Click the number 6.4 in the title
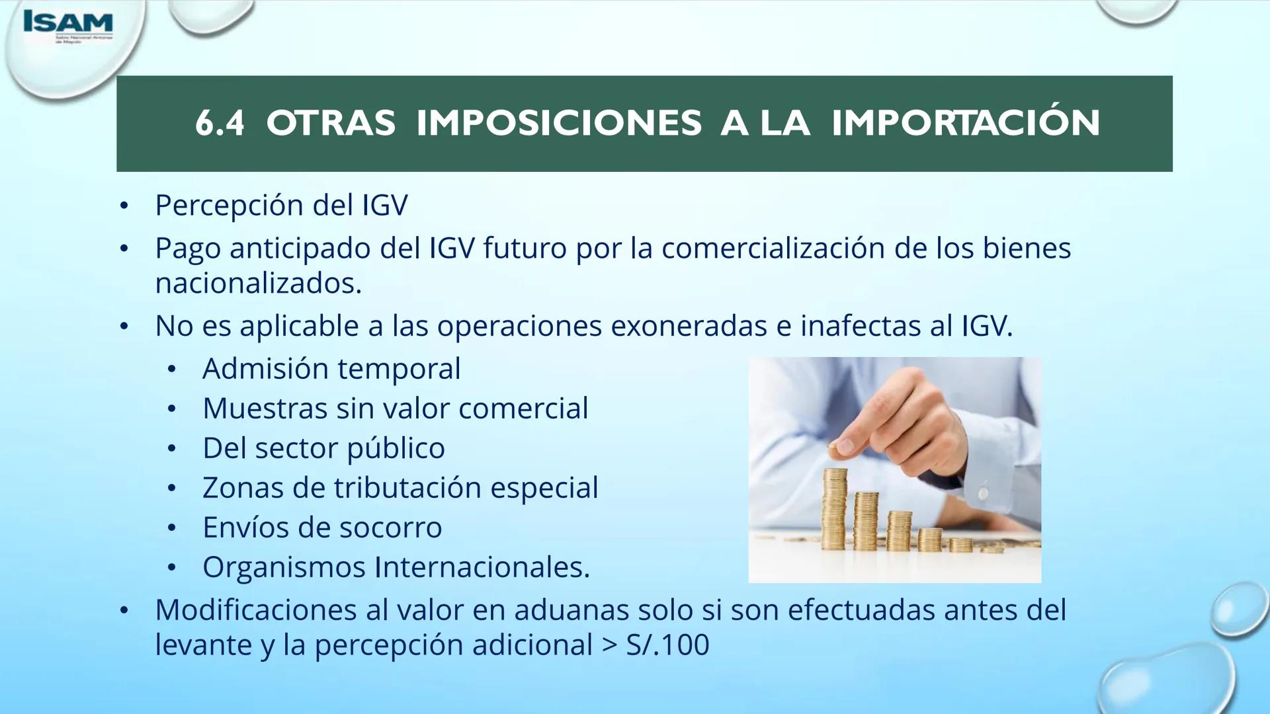220,123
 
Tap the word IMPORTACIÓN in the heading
966,123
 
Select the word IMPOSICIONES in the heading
558,123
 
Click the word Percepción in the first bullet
230,206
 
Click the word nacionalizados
259,284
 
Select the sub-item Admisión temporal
331,369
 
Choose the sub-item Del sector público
323,448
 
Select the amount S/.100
667,645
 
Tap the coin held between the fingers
846,448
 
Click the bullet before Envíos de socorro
172,528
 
